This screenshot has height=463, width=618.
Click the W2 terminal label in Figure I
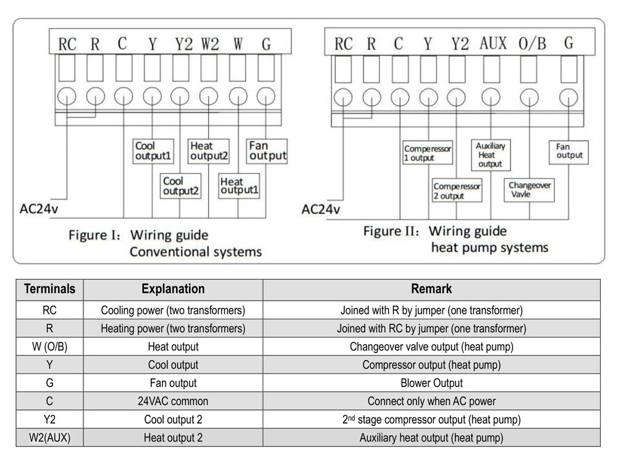(x=210, y=44)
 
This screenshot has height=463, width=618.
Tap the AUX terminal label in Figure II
(x=493, y=43)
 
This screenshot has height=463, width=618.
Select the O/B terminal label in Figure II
(x=531, y=44)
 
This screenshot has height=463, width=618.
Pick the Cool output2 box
(x=181, y=186)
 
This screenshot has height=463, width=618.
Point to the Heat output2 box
(x=209, y=151)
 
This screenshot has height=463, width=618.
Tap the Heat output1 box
(x=239, y=186)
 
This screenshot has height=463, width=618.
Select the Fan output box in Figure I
(x=267, y=151)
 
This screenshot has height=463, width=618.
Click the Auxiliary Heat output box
(x=490, y=155)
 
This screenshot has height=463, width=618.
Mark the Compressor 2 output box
(x=457, y=191)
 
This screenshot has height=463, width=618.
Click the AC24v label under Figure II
(x=321, y=209)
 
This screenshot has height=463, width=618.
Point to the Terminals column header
(x=49, y=289)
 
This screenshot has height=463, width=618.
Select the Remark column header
(x=431, y=289)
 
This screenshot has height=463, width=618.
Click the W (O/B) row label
(x=49, y=346)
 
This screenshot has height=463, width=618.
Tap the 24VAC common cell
(x=173, y=401)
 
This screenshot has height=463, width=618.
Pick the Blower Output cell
(x=431, y=383)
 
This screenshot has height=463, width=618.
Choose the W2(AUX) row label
(x=49, y=438)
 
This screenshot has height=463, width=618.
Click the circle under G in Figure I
(x=266, y=97)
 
